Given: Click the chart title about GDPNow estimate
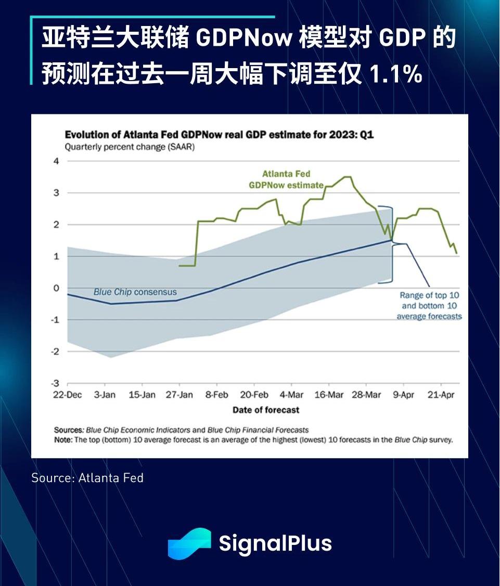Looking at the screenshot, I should pos(219,135).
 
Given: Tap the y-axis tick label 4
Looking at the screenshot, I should pos(57,161).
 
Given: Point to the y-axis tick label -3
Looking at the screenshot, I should pos(56,383).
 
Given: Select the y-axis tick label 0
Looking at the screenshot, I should pos(57,288).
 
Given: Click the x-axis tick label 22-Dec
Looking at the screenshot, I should pos(68,395).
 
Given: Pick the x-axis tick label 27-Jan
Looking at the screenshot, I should pos(179,395).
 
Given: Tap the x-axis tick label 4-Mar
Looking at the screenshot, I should pos(291,395).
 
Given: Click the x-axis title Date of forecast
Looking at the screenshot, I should pos(266,410).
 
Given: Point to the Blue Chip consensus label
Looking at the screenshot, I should pos(135,292).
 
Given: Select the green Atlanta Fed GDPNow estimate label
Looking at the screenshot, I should pos(286,179).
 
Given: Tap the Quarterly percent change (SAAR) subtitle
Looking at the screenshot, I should pos(130,147).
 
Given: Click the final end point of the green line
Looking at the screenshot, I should pos(457,253).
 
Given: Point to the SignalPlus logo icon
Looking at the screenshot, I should pos(189,543).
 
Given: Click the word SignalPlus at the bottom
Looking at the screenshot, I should pos(275,543).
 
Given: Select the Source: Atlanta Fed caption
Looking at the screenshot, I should pos(87,477).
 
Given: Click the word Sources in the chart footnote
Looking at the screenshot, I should pos(69,430).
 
